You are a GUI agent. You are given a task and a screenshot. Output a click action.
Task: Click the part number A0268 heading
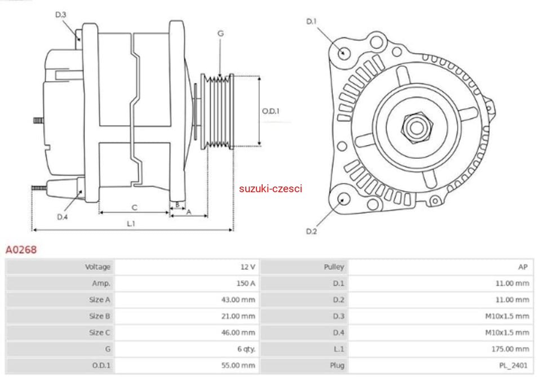tap(21, 249)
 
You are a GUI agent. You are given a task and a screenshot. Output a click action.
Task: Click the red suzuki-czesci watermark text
tap(270, 188)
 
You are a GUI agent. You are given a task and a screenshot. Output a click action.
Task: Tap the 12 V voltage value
tap(248, 267)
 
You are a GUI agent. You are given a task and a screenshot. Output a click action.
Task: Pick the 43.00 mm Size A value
tap(238, 300)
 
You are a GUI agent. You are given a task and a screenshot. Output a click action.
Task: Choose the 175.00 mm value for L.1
tap(510, 349)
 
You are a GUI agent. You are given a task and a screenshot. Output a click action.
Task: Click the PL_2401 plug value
tap(514, 365)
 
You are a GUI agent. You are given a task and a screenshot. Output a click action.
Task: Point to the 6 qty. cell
tap(246, 349)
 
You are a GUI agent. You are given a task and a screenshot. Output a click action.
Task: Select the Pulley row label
tap(334, 267)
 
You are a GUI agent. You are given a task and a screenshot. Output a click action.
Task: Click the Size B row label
tap(99, 316)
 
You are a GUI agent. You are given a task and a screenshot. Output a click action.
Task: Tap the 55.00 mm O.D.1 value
tap(238, 365)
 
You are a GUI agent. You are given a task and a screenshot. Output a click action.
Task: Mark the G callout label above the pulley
tap(220, 34)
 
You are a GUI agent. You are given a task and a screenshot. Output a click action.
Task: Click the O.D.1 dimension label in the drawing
tap(270, 111)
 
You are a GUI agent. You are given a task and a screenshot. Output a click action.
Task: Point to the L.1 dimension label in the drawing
tap(131, 223)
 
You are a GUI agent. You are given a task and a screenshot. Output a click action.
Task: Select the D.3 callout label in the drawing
tap(61, 15)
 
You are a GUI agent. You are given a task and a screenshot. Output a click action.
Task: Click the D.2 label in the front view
tap(311, 231)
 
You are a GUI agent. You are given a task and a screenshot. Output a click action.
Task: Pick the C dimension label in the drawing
tap(135, 207)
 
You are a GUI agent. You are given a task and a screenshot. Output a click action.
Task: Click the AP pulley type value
tap(523, 267)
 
